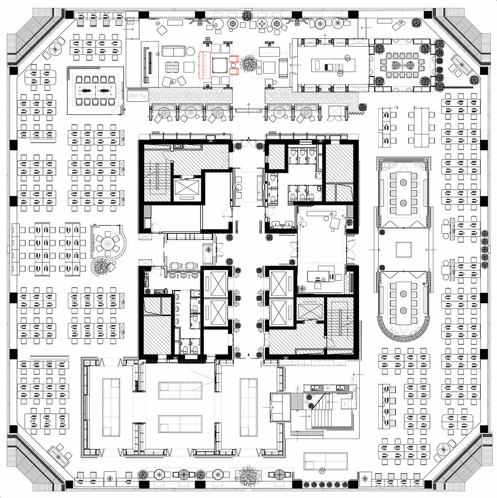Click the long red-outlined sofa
coord(204,65)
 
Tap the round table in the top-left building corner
coord(55,49)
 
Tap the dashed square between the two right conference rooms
coord(403,249)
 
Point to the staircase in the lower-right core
coord(340,324)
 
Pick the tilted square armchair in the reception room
coord(335,223)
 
